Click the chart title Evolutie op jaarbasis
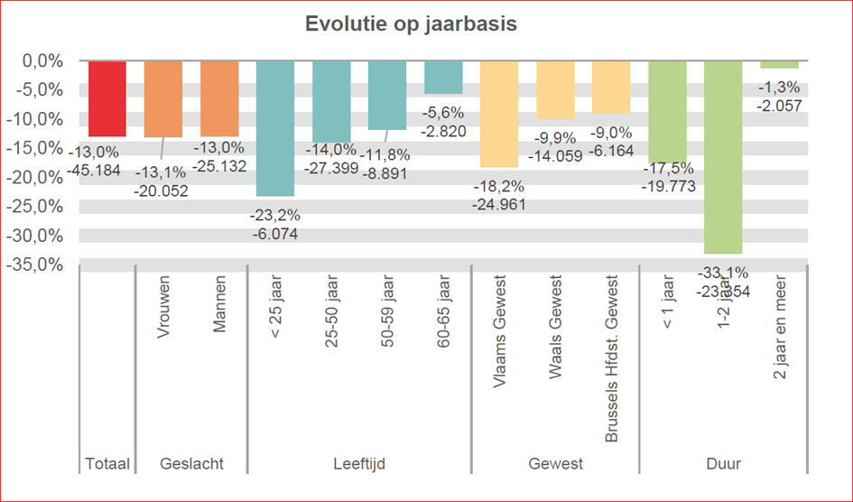[411, 24]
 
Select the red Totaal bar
[107, 98]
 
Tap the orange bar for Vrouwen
[163, 98]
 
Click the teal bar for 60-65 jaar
[443, 78]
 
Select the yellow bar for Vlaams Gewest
[499, 114]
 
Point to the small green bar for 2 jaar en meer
[779, 64]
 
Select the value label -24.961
[499, 204]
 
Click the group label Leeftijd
[358, 464]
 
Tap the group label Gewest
[555, 464]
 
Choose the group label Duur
[723, 464]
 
